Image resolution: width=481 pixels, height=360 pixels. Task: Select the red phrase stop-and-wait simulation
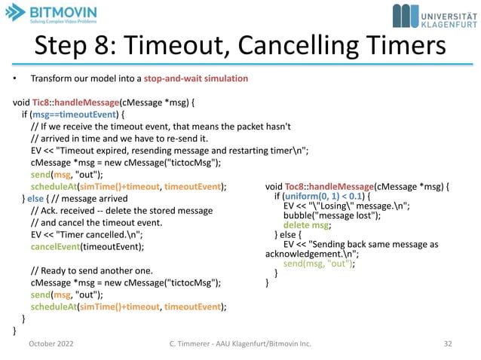point(199,78)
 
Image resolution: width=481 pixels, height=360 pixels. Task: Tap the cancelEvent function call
point(55,246)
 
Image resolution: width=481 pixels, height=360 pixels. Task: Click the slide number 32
point(448,344)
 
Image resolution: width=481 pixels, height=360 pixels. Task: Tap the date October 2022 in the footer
point(52,344)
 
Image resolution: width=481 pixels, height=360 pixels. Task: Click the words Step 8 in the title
point(74,47)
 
